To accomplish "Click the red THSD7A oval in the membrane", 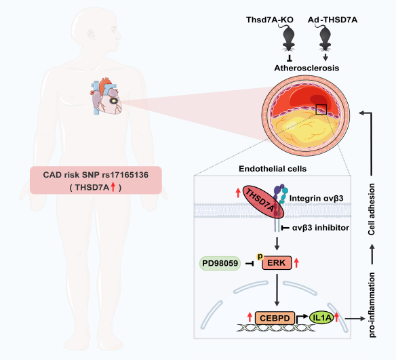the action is [x=263, y=201].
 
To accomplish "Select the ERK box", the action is [x=277, y=263].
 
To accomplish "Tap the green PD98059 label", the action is [x=220, y=263].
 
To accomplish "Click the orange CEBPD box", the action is [x=275, y=318].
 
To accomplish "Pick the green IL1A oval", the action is [x=321, y=317].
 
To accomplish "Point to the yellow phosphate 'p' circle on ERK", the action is [x=260, y=256].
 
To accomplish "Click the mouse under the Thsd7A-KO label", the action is [x=289, y=37].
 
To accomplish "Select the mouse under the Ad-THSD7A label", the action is [x=325, y=37].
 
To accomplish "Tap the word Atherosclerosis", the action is [x=306, y=68].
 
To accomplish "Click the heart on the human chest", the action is [x=106, y=97].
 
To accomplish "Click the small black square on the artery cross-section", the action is [x=321, y=109].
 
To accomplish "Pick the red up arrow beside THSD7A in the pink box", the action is [x=113, y=187].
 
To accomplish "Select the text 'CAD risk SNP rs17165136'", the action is [x=96, y=175].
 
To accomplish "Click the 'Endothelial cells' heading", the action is [x=273, y=169].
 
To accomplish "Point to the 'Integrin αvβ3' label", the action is [x=316, y=199].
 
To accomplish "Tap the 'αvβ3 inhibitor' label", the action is [x=321, y=228].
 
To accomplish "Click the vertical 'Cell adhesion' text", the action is [x=372, y=209].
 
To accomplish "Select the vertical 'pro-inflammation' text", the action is [x=372, y=305].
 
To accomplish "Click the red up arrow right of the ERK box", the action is [x=296, y=263].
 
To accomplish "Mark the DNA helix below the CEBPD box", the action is [x=276, y=327].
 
